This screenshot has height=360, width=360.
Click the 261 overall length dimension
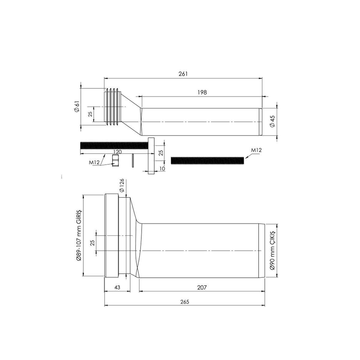tap(183, 74)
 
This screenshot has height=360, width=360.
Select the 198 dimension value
tap(202, 92)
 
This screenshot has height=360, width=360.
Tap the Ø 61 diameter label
tap(77, 107)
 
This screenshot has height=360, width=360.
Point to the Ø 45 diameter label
tap(273, 121)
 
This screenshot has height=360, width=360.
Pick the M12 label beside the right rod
tap(256, 150)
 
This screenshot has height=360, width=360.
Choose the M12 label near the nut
tap(94, 162)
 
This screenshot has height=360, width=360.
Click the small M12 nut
tap(115, 160)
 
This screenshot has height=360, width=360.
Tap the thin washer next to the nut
tap(133, 160)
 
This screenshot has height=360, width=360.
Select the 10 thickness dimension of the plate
tap(163, 169)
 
